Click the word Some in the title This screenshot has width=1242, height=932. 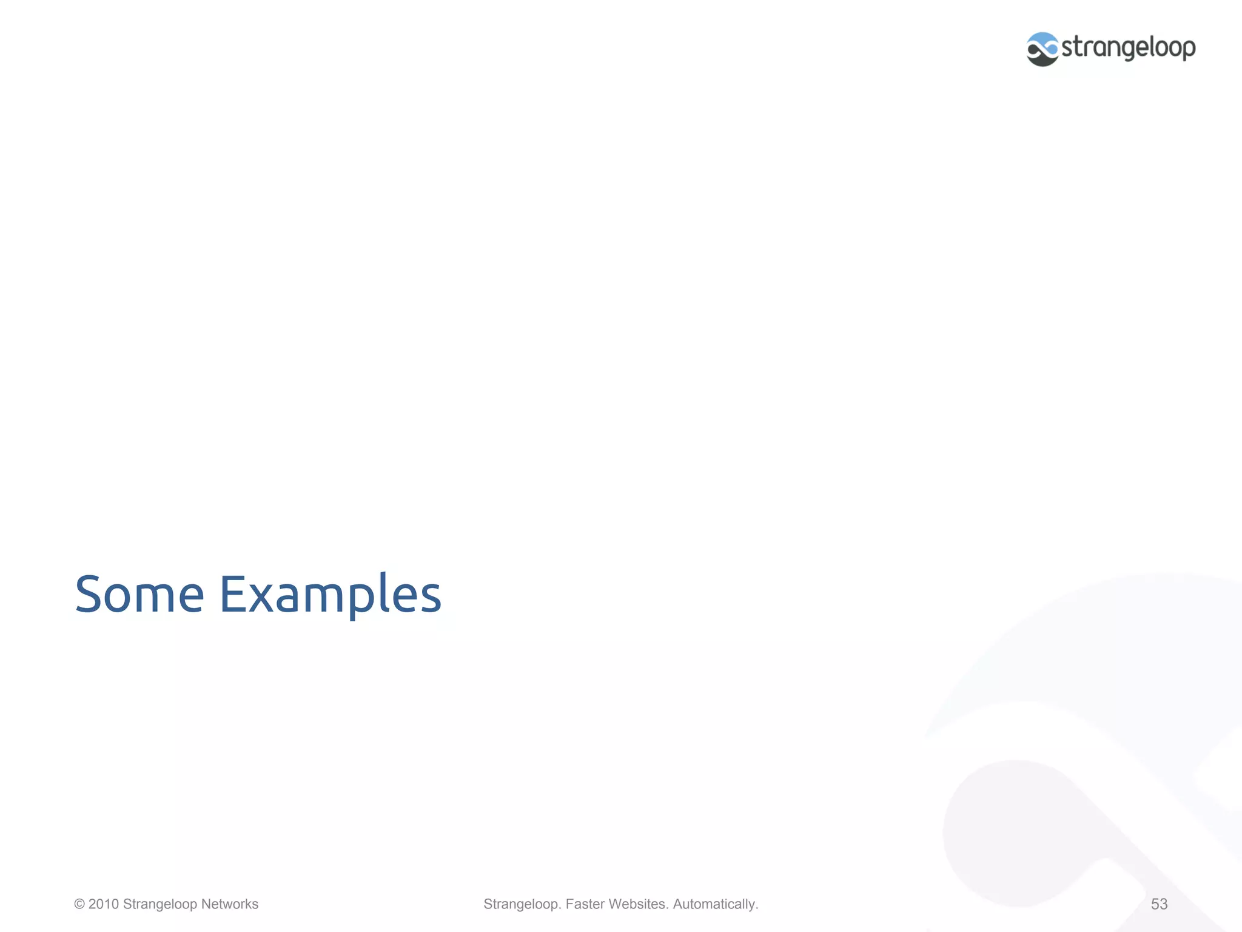point(139,594)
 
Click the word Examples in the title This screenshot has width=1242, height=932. point(330,594)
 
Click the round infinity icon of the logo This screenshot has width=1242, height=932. point(1042,49)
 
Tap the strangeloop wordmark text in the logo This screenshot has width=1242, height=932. point(1129,47)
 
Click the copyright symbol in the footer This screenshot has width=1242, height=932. point(79,904)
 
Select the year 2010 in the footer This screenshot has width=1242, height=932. point(104,904)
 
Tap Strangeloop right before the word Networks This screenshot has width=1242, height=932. point(160,904)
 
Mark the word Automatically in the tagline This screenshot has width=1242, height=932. point(715,904)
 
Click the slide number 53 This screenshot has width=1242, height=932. point(1159,904)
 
